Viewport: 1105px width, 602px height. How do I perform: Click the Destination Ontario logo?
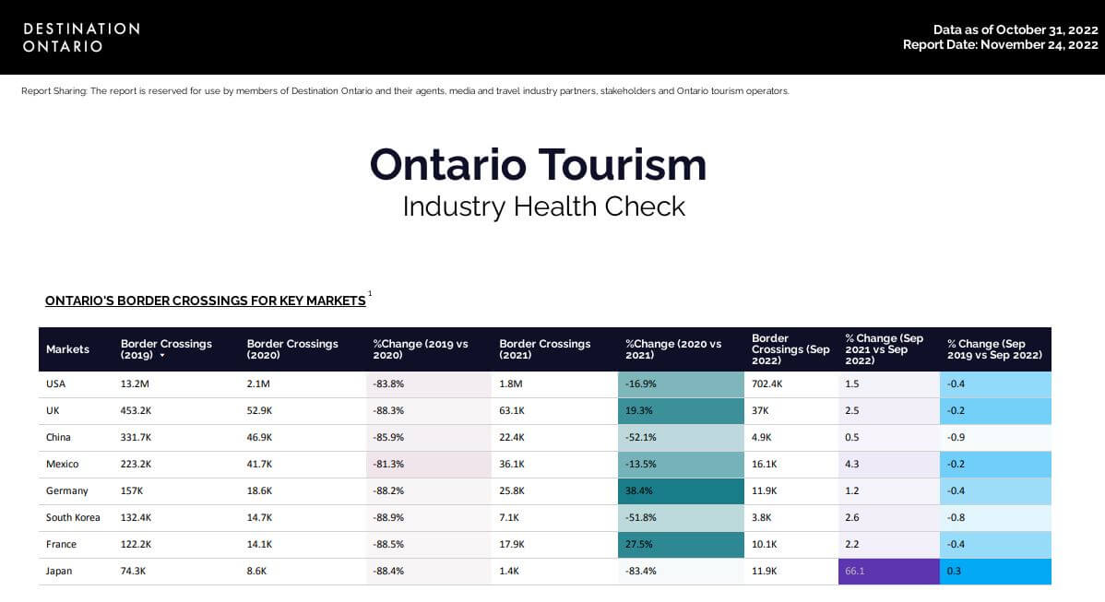[81, 37]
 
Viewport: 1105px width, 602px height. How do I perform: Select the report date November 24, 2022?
[1000, 44]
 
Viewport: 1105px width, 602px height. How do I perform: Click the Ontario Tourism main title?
[538, 165]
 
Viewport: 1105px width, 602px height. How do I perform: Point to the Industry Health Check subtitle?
[543, 206]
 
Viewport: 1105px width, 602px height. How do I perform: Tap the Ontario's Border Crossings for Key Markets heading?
[205, 301]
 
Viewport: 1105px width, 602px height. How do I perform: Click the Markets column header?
[67, 349]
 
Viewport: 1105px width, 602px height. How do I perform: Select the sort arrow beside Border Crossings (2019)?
[162, 355]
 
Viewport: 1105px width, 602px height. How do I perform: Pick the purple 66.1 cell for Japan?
[888, 572]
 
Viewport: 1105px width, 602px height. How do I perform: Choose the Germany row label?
[67, 491]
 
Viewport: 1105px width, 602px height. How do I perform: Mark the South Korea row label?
[73, 518]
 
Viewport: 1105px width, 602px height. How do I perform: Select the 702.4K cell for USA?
[767, 384]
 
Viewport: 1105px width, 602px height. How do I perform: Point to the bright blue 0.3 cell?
[995, 572]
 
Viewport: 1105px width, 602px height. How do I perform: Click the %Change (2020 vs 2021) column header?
[673, 349]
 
